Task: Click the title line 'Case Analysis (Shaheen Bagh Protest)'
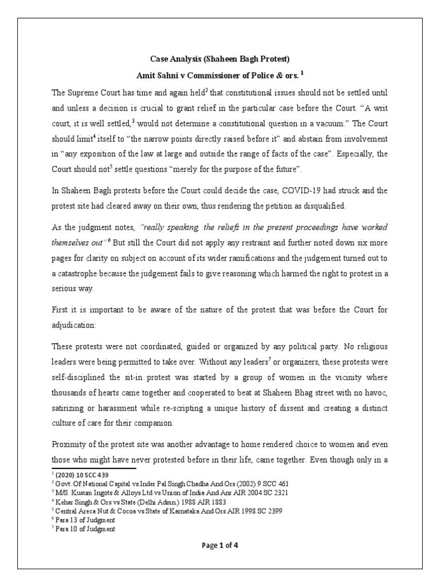(x=220, y=59)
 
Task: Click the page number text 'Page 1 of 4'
(x=220, y=545)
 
